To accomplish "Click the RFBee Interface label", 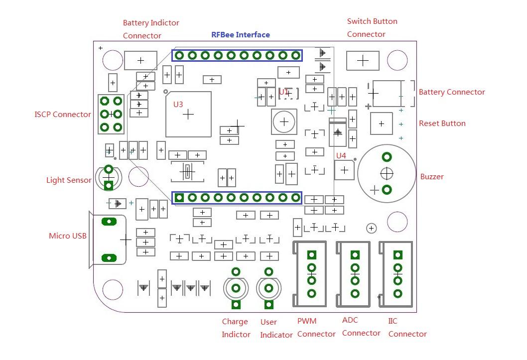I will [x=241, y=35].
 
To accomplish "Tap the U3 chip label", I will [x=178, y=105].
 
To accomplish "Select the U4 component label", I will [x=341, y=156].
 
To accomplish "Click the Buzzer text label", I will [x=432, y=177].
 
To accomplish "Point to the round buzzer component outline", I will [x=387, y=173].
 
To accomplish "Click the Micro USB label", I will [x=68, y=236].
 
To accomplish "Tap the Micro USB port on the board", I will [x=109, y=240].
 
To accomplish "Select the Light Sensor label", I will [x=69, y=180].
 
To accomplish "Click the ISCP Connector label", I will [x=63, y=115].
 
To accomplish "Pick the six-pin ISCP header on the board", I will [x=111, y=114].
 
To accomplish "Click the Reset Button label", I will [x=442, y=123].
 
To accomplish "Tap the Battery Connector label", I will [x=452, y=92].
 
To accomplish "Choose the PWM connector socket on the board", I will [x=311, y=274].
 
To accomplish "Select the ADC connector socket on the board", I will [x=354, y=274].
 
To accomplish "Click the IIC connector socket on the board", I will [x=397, y=274].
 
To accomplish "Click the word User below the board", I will [x=268, y=322].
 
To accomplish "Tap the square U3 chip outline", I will [x=188, y=114].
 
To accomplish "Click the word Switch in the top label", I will [x=359, y=21].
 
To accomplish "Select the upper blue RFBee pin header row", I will [x=237, y=55].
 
